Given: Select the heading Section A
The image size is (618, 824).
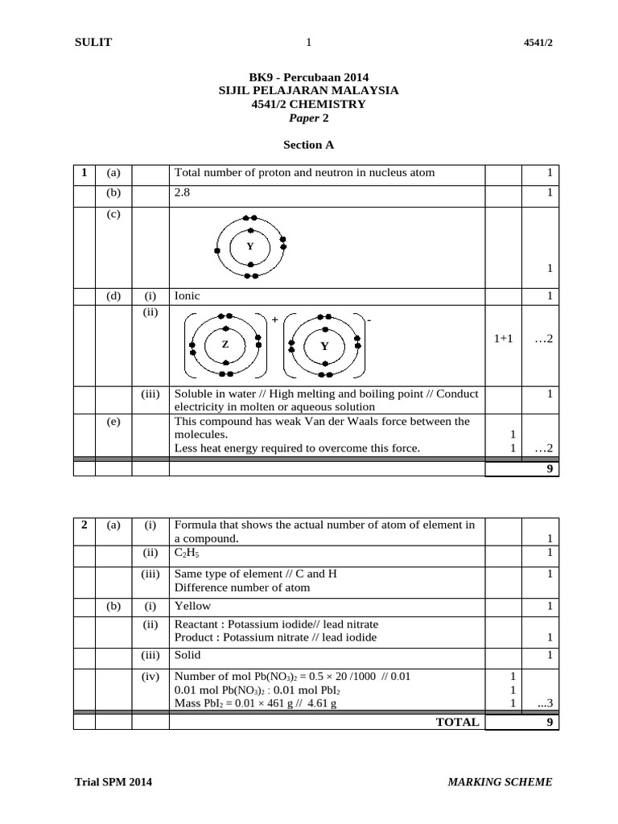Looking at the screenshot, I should click(x=308, y=146).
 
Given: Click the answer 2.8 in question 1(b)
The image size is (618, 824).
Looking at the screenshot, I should click(x=183, y=193).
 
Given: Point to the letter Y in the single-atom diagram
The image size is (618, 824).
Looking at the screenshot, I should click(x=250, y=245).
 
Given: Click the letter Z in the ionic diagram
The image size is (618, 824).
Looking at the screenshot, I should click(x=225, y=344).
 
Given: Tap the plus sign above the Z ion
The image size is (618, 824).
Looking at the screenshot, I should click(x=274, y=319).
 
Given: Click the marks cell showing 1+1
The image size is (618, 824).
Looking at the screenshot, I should click(x=504, y=339).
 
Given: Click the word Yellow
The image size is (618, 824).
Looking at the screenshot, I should click(x=192, y=606).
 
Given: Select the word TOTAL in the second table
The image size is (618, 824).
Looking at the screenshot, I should click(x=457, y=722).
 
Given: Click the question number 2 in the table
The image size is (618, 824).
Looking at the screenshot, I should click(x=84, y=525).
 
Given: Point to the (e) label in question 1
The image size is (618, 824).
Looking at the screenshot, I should click(x=113, y=421).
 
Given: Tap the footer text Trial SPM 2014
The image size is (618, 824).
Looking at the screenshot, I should click(x=113, y=781).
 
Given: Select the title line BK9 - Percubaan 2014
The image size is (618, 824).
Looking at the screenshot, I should click(x=308, y=78).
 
